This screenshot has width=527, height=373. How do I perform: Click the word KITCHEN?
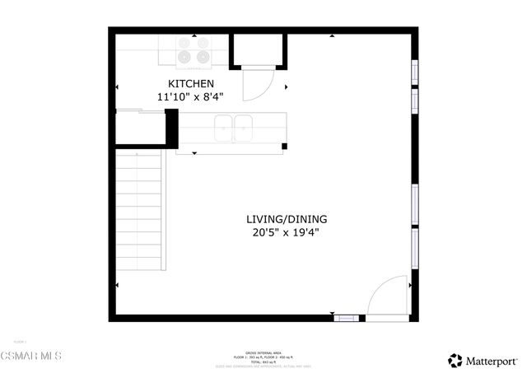click(191, 84)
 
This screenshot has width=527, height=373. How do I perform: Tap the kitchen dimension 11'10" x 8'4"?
click(191, 97)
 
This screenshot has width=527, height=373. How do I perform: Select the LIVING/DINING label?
click(287, 219)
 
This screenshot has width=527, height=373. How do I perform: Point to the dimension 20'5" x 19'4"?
click(287, 232)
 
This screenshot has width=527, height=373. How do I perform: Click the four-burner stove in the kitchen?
click(194, 51)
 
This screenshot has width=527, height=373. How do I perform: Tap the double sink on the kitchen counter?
click(234, 128)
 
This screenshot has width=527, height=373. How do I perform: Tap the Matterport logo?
click(483, 360)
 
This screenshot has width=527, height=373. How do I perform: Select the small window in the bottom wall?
click(347, 317)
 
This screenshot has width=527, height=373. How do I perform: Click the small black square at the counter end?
click(284, 147)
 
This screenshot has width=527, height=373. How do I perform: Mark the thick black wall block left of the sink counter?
click(172, 128)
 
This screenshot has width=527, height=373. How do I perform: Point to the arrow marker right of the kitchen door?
click(286, 87)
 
